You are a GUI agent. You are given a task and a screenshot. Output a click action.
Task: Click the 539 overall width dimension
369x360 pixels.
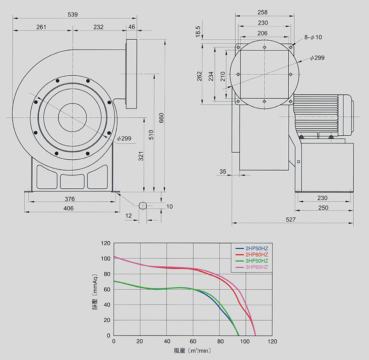point(73,15)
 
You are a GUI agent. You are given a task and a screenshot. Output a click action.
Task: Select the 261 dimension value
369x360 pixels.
point(42,27)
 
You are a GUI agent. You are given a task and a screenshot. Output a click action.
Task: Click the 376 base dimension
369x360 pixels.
point(70,199)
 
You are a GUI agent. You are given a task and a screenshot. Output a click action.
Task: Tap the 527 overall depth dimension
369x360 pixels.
point(291,220)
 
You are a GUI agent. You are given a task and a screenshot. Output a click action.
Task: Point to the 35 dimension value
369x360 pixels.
point(223,172)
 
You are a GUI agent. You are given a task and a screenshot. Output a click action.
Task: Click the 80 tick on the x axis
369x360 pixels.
point(220,342)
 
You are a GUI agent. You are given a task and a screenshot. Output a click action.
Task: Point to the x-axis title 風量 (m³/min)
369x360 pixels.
point(192,351)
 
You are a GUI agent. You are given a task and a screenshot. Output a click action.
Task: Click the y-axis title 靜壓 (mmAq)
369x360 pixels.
point(95,289)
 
